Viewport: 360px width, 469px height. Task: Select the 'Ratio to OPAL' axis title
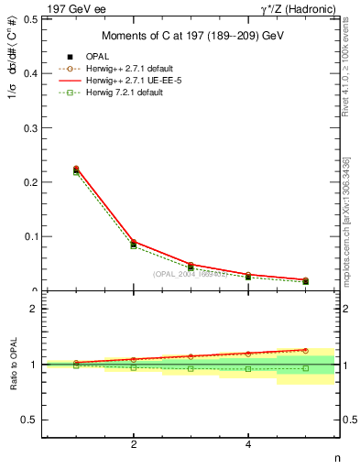click(x=11, y=365)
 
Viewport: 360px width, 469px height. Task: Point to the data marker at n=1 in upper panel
click(x=76, y=170)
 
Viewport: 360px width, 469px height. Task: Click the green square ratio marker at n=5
click(x=305, y=368)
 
